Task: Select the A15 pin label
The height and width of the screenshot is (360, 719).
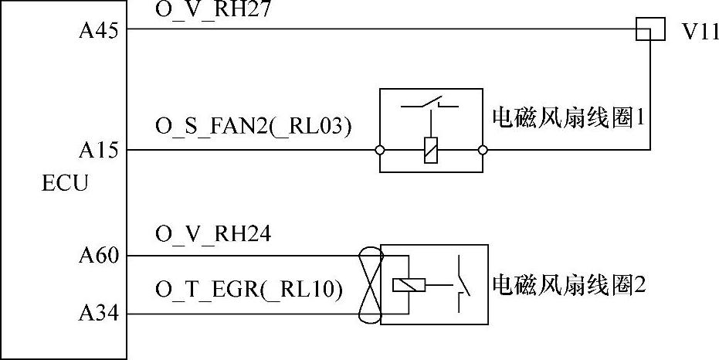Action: point(97,151)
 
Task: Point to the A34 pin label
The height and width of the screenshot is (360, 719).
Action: point(97,314)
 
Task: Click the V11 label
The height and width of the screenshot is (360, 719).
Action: point(700,34)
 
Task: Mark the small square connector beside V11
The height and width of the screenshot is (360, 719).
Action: point(649,30)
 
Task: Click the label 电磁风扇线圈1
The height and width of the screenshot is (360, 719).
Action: point(568,119)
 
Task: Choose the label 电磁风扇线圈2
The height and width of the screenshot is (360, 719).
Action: point(568,284)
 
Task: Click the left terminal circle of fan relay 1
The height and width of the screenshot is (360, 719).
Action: point(380,150)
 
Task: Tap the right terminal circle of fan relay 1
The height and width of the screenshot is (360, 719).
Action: point(483,150)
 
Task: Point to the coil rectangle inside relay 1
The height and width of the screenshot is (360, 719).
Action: point(431,150)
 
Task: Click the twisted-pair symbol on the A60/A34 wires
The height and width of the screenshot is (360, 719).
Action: point(369,285)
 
